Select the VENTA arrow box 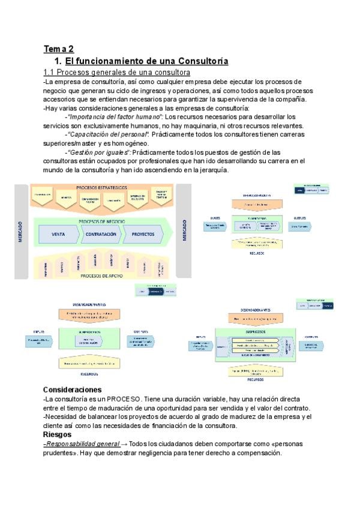pos(58,234)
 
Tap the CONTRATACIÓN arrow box pos(100,234)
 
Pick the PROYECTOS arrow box pos(142,234)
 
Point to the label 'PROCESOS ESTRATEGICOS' pos(101,188)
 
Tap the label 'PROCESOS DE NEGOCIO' pos(101,221)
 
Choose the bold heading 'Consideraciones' pos(72,390)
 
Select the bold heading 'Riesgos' pos(58,434)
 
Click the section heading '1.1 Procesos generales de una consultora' pos(116,72)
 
